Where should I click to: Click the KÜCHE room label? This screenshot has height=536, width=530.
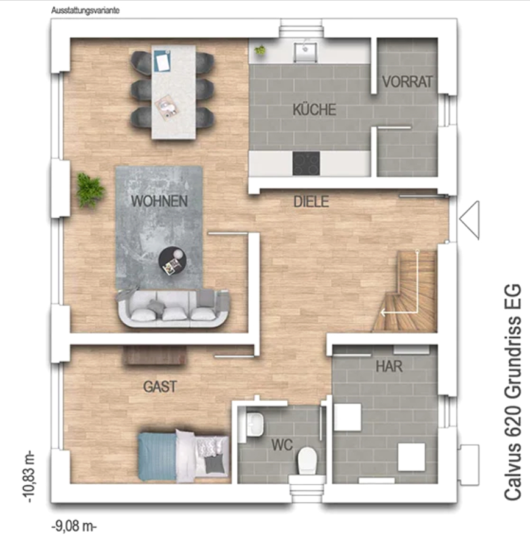[314, 109]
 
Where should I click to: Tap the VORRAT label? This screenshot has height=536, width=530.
[407, 82]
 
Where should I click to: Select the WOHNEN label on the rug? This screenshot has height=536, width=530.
[159, 201]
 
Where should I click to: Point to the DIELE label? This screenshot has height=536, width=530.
[311, 202]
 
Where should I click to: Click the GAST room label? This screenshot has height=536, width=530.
[160, 387]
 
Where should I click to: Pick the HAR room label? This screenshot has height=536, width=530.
[389, 366]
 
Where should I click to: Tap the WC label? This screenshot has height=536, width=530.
[282, 445]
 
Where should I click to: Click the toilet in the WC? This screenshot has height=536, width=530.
[307, 460]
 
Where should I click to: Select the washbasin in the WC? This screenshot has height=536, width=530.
[254, 424]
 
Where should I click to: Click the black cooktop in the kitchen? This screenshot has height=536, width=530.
[306, 163]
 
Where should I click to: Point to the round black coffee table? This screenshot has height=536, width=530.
[173, 261]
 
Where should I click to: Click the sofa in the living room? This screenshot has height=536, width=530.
[173, 309]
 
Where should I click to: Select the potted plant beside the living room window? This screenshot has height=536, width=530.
[90, 190]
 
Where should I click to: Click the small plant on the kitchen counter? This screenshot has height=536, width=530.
[260, 50]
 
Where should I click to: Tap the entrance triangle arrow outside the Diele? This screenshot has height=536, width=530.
[470, 220]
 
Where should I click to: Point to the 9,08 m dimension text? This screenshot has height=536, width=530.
[74, 526]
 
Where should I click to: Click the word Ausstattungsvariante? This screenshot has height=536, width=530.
[85, 10]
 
